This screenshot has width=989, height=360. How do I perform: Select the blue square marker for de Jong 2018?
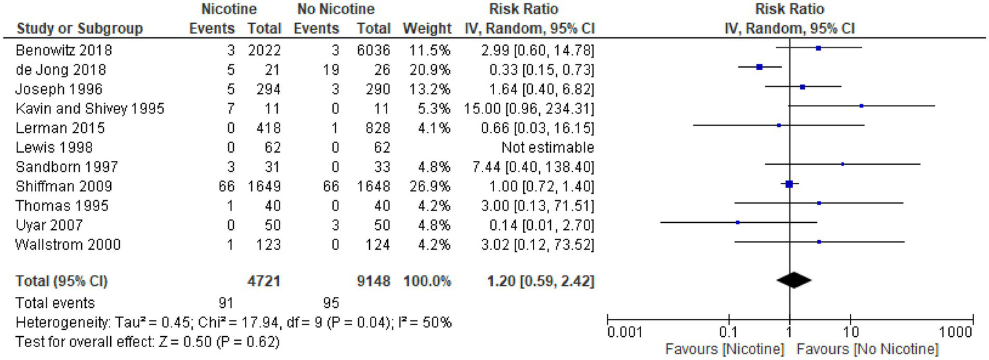click(x=760, y=67)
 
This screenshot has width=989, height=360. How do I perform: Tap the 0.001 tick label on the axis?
click(x=621, y=333)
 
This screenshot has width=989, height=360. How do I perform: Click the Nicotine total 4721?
click(x=265, y=281)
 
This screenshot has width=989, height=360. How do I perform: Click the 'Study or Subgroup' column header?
click(x=79, y=29)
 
